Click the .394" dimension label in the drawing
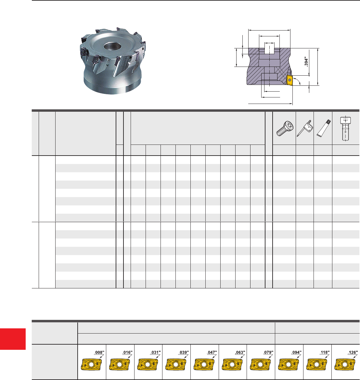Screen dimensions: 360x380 (x=306, y=62)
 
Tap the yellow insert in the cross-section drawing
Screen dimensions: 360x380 (x=289, y=80)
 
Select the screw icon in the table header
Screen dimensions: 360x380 (x=285, y=128)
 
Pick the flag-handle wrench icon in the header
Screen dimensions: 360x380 (x=304, y=128)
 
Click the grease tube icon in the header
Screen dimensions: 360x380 (x=324, y=128)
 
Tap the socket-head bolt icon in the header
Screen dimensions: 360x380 (x=345, y=129)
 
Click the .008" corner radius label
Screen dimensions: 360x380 (x=99, y=352)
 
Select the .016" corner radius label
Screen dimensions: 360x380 (x=127, y=352)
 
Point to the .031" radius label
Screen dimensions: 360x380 (x=155, y=352)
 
